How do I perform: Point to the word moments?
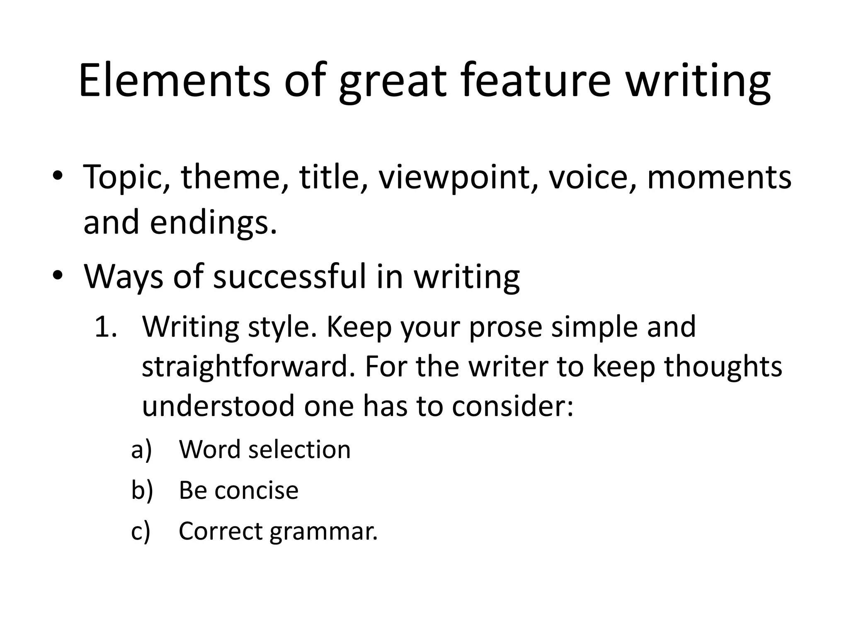click(x=719, y=177)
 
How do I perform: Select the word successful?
click(x=290, y=277)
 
